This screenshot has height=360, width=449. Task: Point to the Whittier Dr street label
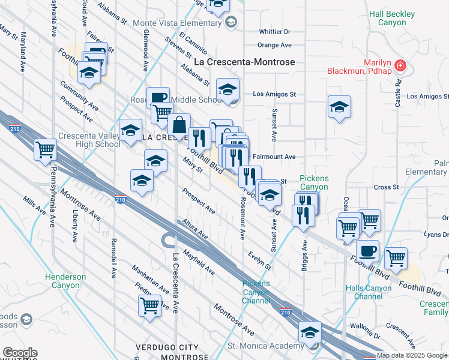point(274,31)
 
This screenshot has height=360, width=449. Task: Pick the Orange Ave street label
point(274,45)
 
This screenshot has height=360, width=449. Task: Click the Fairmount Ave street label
point(274,157)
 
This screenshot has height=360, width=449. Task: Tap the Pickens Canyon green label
point(314,182)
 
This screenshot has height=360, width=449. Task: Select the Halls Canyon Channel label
point(369,292)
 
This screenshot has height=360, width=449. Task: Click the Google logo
point(20,353)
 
